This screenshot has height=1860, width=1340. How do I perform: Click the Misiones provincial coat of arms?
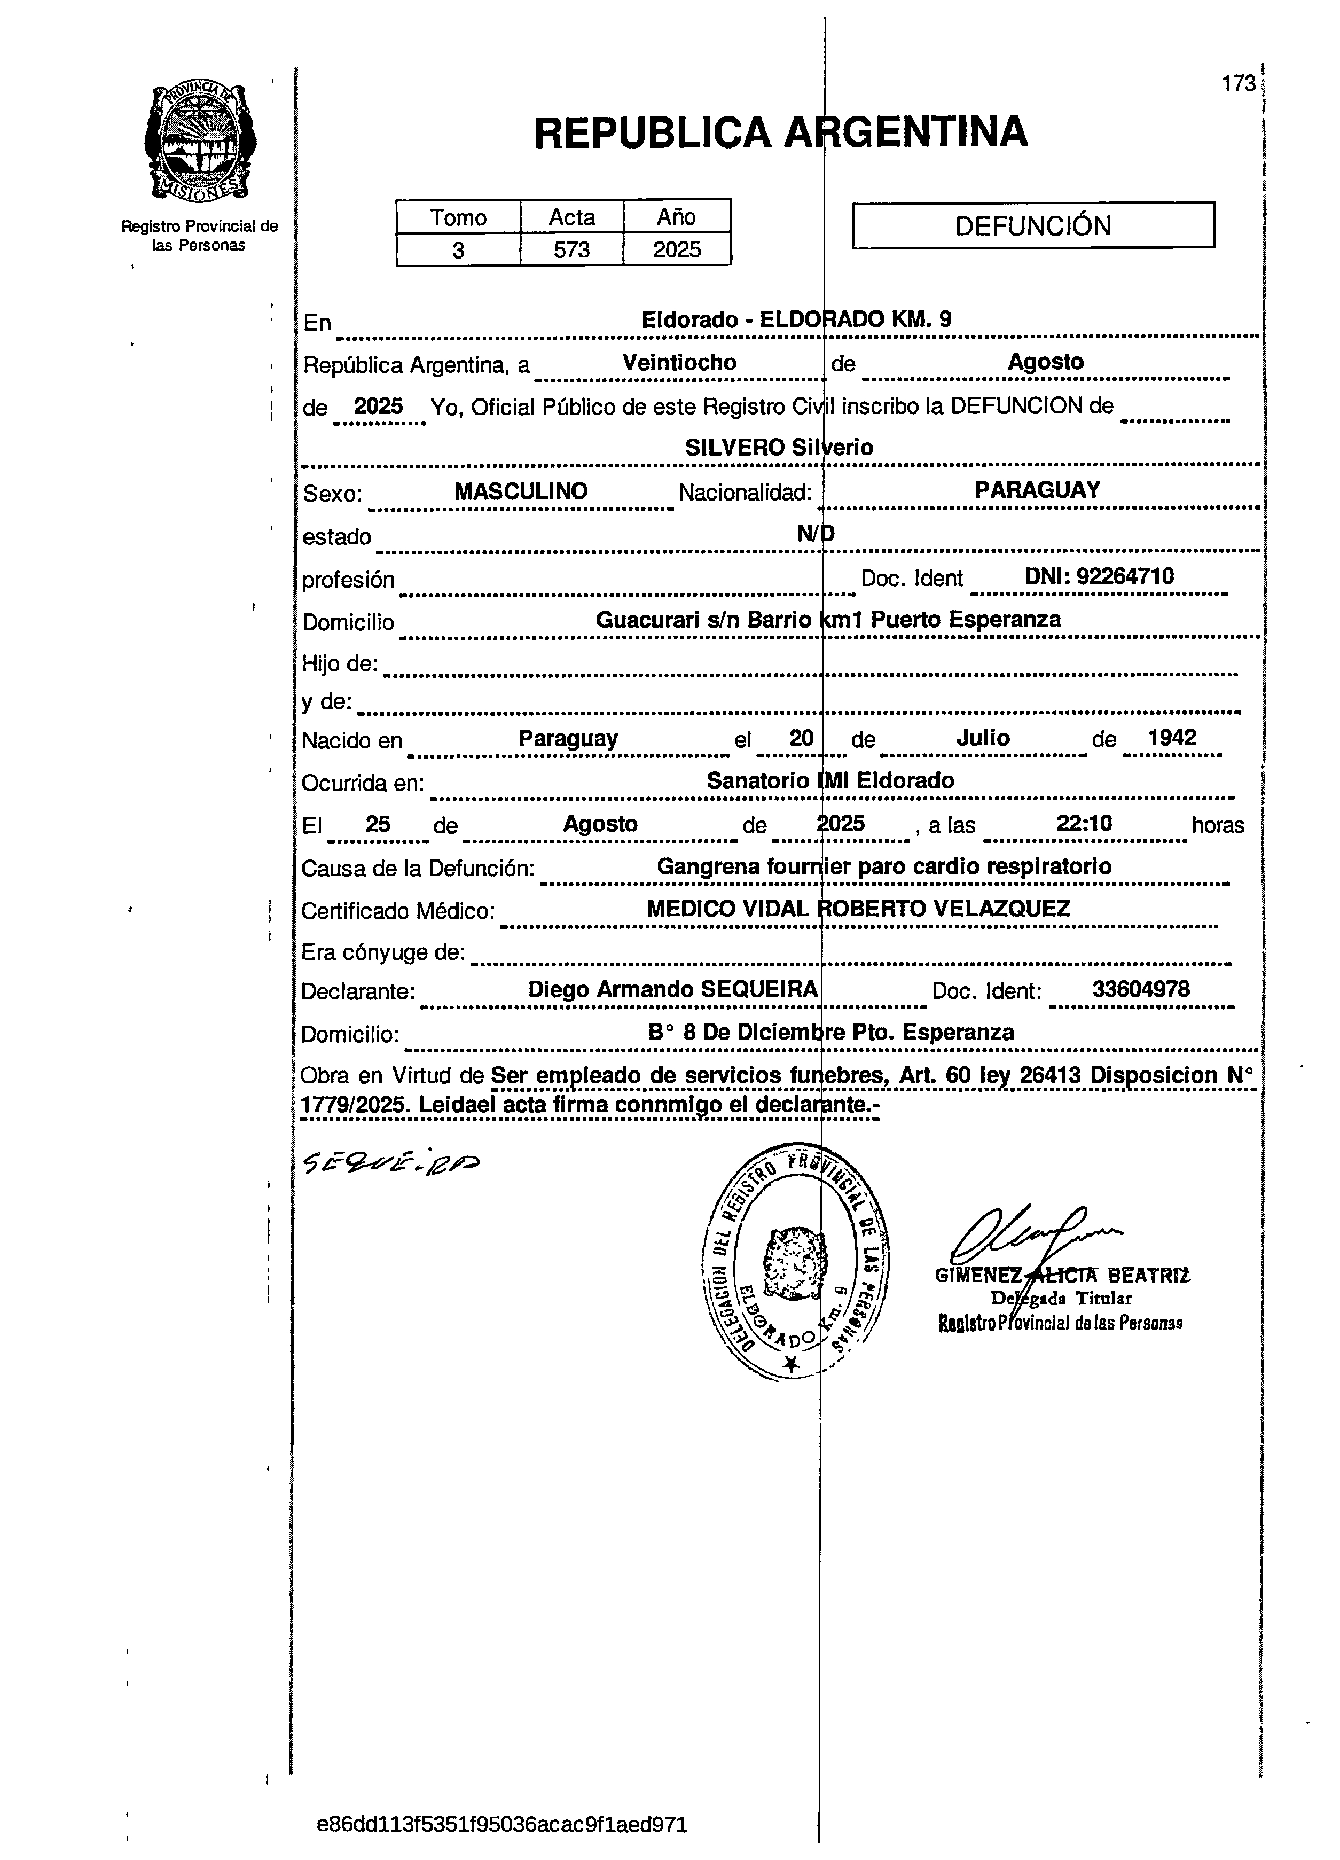[199, 141]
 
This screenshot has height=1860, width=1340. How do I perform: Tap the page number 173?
[1239, 84]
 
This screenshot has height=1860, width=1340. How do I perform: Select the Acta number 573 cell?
[571, 249]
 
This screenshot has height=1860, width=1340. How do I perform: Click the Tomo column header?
[458, 217]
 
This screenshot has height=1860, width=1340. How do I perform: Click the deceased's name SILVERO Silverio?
[779, 448]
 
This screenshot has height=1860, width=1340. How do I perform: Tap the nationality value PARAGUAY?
[1037, 490]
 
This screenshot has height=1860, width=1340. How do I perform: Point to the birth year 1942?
[1171, 737]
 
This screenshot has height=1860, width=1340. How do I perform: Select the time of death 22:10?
[1084, 823]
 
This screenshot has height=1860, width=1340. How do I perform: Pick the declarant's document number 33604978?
[1140, 989]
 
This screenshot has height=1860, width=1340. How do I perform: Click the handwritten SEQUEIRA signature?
[391, 1161]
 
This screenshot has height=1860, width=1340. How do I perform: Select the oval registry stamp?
[795, 1262]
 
